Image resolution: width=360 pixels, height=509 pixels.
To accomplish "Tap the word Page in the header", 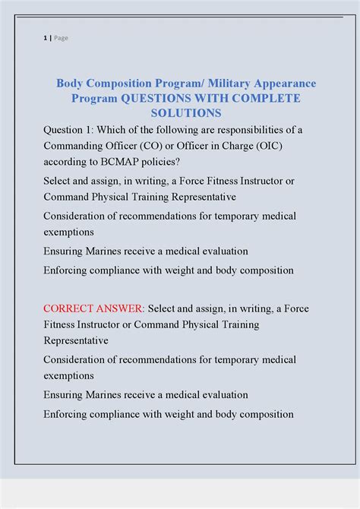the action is [61, 38].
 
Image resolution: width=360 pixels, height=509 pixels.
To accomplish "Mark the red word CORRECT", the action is [70, 308].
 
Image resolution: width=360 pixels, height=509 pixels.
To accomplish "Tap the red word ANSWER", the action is [122, 308].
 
